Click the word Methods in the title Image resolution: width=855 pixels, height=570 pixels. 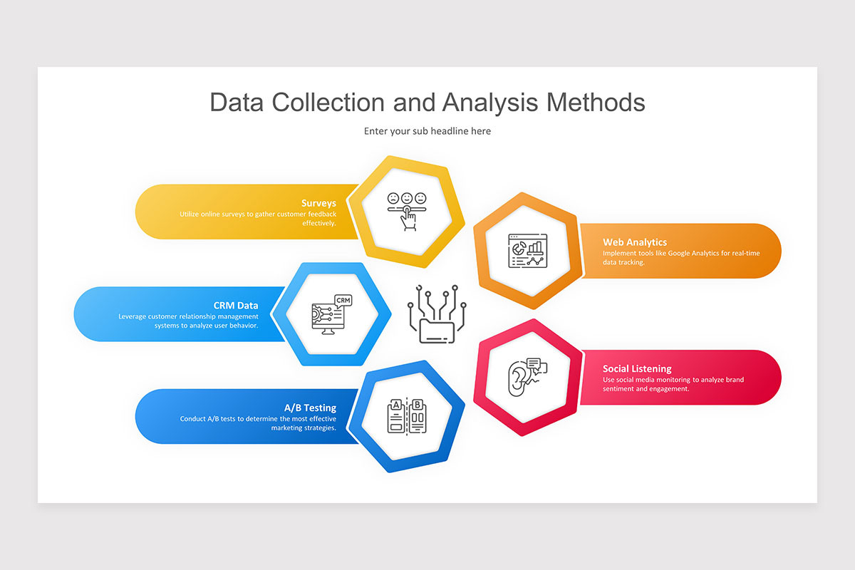[596, 103]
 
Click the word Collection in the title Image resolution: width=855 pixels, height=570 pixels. [328, 103]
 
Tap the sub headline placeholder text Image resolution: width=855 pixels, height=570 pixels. [427, 131]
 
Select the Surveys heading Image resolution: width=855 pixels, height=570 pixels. [318, 203]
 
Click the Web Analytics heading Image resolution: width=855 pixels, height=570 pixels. [635, 242]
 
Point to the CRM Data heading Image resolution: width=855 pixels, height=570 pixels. [236, 306]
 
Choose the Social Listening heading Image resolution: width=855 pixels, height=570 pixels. [637, 368]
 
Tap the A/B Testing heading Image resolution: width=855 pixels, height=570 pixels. [311, 408]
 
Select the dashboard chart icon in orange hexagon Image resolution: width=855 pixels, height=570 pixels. [528, 251]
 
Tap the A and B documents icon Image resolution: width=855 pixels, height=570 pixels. [407, 416]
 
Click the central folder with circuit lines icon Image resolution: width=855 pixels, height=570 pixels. [437, 314]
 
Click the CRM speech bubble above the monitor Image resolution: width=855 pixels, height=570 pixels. [343, 301]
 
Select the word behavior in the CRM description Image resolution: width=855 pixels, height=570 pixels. [244, 326]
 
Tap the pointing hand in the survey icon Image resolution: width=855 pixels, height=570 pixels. [408, 219]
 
